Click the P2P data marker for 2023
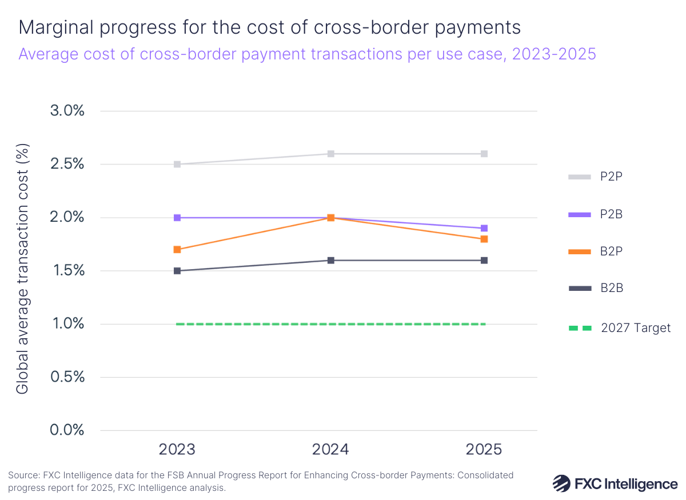coord(177,165)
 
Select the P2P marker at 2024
coord(331,154)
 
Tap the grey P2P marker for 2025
coord(484,154)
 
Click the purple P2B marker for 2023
coord(177,218)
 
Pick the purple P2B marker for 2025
coord(484,229)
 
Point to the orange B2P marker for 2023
coord(177,250)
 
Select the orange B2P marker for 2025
coord(484,239)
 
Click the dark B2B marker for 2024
coord(331,261)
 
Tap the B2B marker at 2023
coord(177,271)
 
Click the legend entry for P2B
coord(611,214)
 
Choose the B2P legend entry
coord(611,251)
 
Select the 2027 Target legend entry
coord(635,328)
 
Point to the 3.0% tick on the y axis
coord(67,111)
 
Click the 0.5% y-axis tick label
coord(67,377)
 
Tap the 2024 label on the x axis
coord(331,450)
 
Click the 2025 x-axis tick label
coord(484,450)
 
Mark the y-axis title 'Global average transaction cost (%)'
coord(22,269)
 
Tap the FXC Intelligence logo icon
coord(562,484)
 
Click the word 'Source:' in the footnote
coord(25,475)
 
